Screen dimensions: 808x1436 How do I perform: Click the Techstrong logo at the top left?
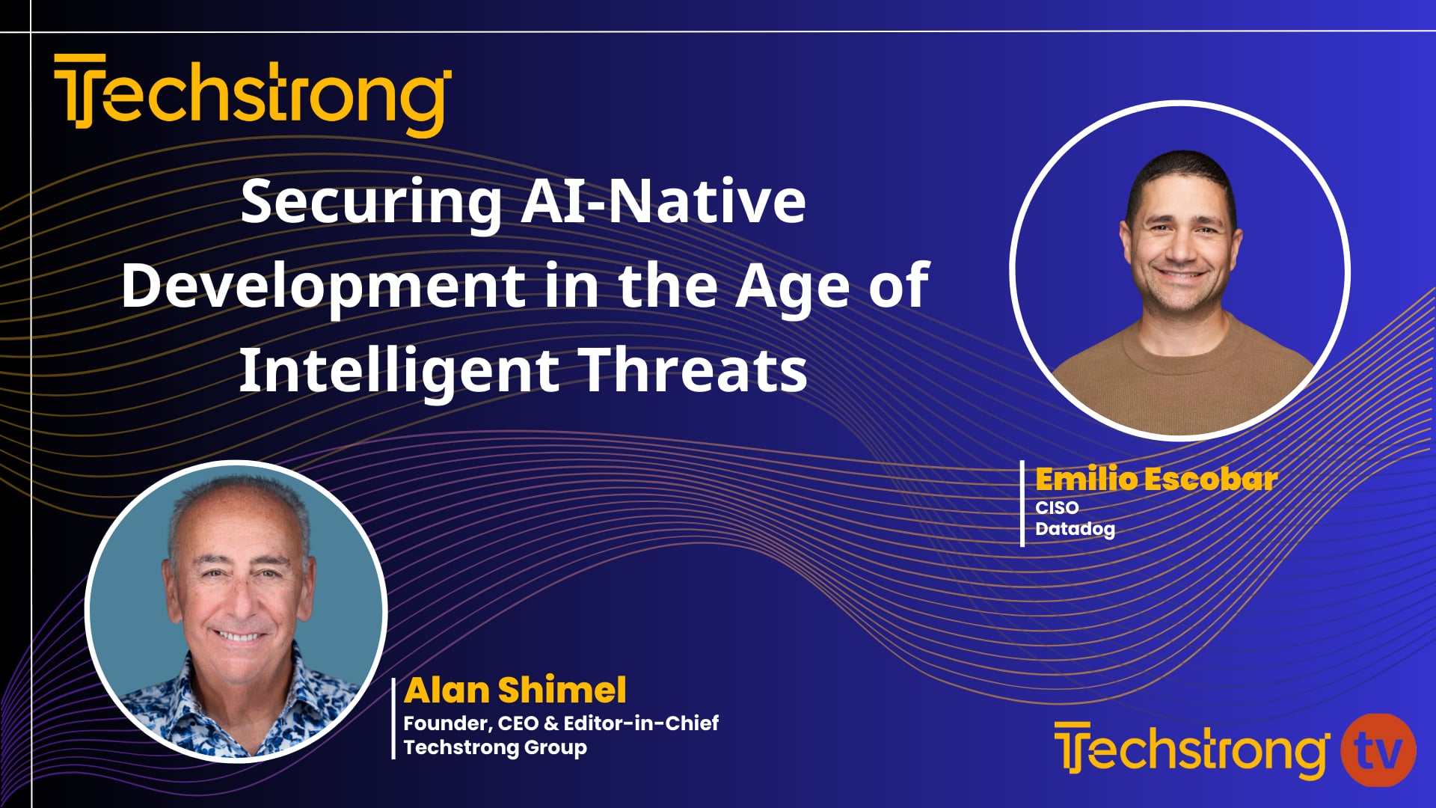252,95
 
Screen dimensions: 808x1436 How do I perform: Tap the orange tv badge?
1378,750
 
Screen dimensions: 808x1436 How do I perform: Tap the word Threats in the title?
694,370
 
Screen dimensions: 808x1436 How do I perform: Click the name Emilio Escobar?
1156,480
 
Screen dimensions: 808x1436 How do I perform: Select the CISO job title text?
1056,507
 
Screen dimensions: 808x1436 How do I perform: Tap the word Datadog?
1074,529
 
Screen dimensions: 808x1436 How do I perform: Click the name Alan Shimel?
515,690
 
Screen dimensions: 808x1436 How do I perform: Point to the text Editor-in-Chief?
641,723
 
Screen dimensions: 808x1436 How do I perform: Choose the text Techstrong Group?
494,747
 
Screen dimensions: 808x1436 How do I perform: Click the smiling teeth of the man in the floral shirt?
239,637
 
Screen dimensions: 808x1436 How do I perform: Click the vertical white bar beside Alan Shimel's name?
393,718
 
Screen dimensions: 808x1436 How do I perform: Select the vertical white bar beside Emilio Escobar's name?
1022,504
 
